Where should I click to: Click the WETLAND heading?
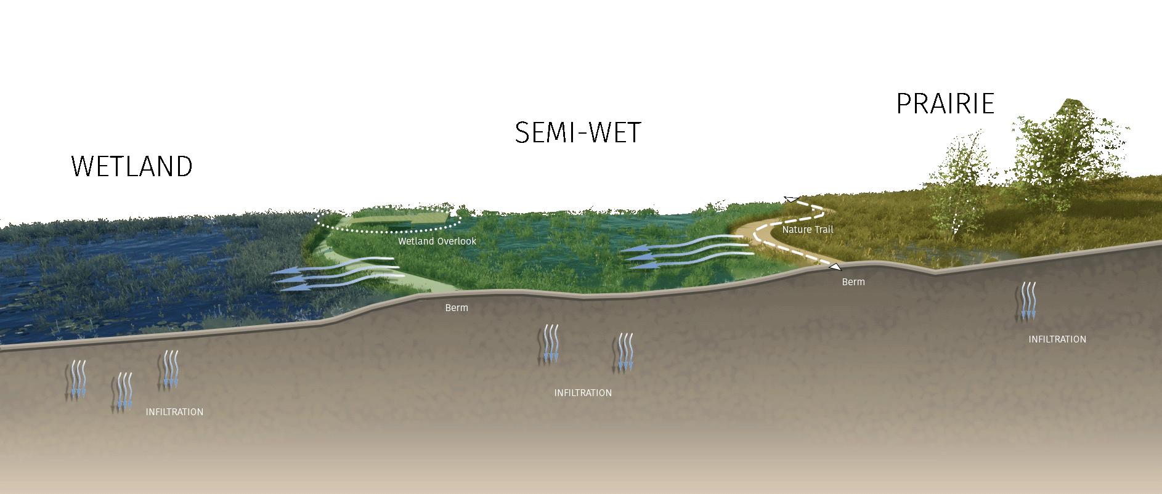click(x=132, y=166)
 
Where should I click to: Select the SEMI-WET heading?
click(x=578, y=133)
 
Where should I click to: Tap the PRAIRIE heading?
click(x=945, y=104)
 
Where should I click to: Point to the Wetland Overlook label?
click(x=437, y=241)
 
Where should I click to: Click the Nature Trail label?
click(x=807, y=230)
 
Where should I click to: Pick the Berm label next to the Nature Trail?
click(x=853, y=282)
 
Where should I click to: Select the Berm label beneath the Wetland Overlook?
click(x=457, y=308)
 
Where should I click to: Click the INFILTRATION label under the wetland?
click(x=174, y=412)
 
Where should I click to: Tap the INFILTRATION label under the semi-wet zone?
click(x=583, y=393)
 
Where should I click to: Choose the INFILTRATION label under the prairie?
click(x=1057, y=339)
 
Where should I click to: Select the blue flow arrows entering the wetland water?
click(x=336, y=275)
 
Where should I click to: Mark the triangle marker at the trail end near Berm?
click(x=835, y=267)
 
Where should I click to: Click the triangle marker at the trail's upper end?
click(x=790, y=199)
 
